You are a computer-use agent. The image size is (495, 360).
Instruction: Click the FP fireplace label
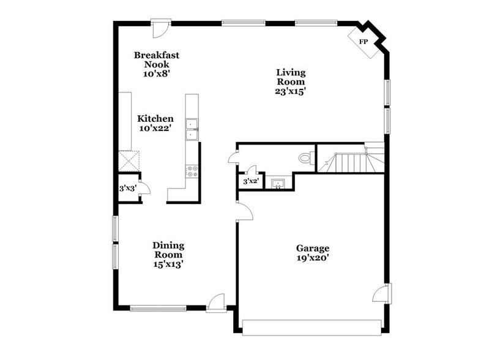tap(363, 42)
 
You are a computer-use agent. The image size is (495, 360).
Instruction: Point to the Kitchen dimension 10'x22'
tap(155, 128)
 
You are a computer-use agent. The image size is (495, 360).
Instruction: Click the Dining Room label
tap(168, 250)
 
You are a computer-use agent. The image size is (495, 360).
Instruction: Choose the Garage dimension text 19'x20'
tap(313, 258)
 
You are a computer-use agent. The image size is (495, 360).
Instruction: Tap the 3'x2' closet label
tap(251, 182)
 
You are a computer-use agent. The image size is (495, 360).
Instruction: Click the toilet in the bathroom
tap(305, 157)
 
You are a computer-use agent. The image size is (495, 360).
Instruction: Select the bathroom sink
tap(278, 184)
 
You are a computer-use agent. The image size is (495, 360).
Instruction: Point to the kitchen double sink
tap(192, 129)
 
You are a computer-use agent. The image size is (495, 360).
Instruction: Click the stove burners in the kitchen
tap(192, 171)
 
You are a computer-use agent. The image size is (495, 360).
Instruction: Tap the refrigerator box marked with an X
tap(129, 160)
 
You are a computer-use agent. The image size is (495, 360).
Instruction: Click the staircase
tap(351, 162)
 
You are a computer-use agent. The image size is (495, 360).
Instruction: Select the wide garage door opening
tap(311, 327)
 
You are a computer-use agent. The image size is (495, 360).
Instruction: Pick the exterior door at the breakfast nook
tap(160, 28)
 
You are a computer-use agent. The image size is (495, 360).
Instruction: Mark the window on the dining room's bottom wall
tap(158, 308)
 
